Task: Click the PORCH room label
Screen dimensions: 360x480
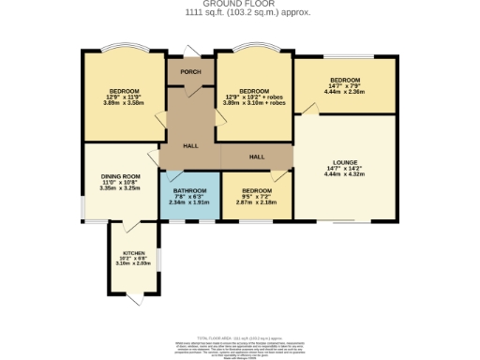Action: pos(191,72)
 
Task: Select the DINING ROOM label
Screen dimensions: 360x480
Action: pos(120,175)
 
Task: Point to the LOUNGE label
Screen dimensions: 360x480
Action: pos(344,162)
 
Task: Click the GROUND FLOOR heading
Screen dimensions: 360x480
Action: pos(239,4)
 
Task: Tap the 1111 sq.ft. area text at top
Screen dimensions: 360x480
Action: pos(239,13)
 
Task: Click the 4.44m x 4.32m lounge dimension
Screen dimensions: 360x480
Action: pos(344,174)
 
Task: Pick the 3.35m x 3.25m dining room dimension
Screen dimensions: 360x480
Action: pos(120,187)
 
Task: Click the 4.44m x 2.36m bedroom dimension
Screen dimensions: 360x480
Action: pos(344,91)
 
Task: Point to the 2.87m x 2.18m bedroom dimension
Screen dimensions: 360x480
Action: pos(256,202)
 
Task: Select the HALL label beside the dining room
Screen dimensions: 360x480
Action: pos(190,145)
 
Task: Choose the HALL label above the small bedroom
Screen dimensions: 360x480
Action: pos(256,157)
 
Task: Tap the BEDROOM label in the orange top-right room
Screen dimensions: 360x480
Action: pos(344,79)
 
